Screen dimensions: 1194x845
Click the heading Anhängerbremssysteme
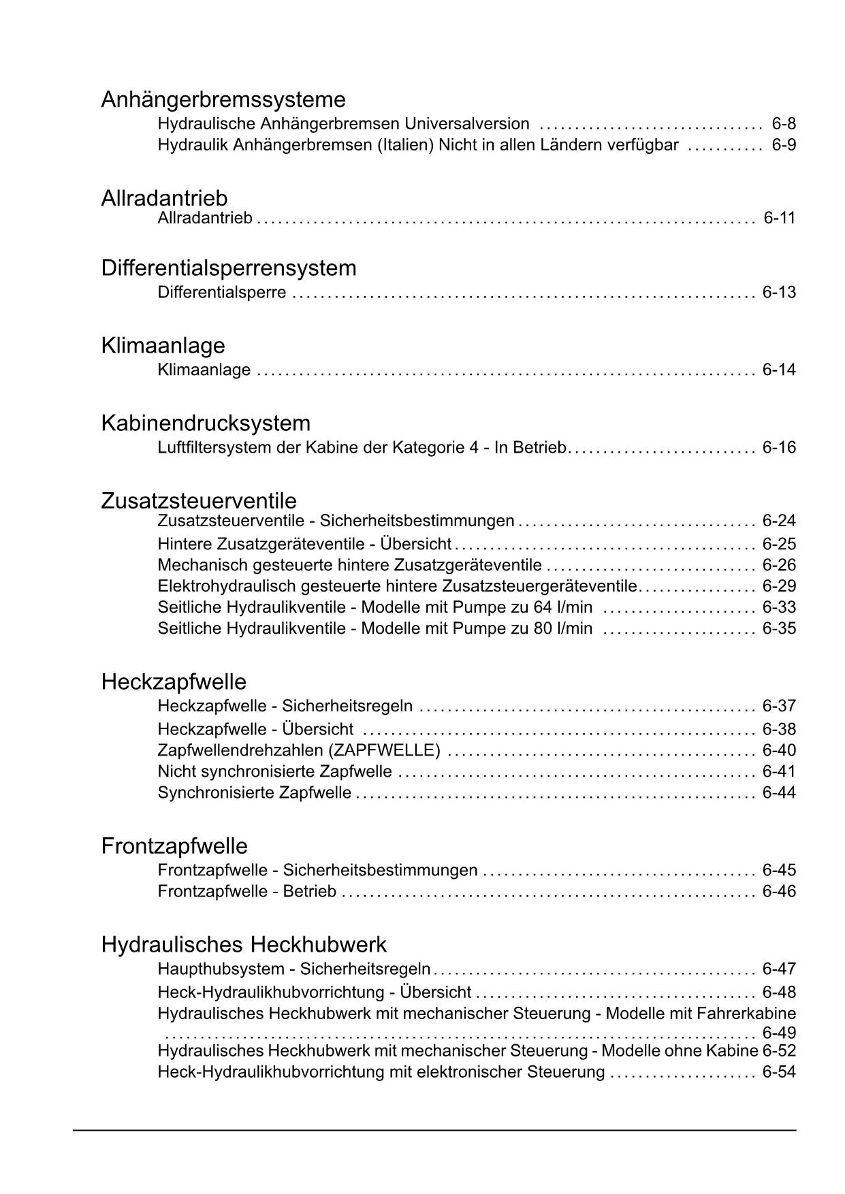coord(223,99)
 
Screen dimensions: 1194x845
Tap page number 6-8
coord(784,124)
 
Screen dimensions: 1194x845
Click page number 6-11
coord(780,218)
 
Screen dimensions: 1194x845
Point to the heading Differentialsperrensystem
coord(229,268)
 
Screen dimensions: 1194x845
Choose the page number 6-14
coord(779,370)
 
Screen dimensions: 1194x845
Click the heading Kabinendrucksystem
coord(206,423)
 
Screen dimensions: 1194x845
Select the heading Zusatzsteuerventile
coord(199,500)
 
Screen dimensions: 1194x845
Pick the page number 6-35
coord(779,628)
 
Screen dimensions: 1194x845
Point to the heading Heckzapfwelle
coord(174,681)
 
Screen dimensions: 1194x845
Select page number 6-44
coord(779,792)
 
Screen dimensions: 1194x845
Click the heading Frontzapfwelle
coord(174,845)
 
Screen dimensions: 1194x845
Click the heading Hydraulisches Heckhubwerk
coord(244,944)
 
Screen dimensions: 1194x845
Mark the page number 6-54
coord(779,1072)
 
